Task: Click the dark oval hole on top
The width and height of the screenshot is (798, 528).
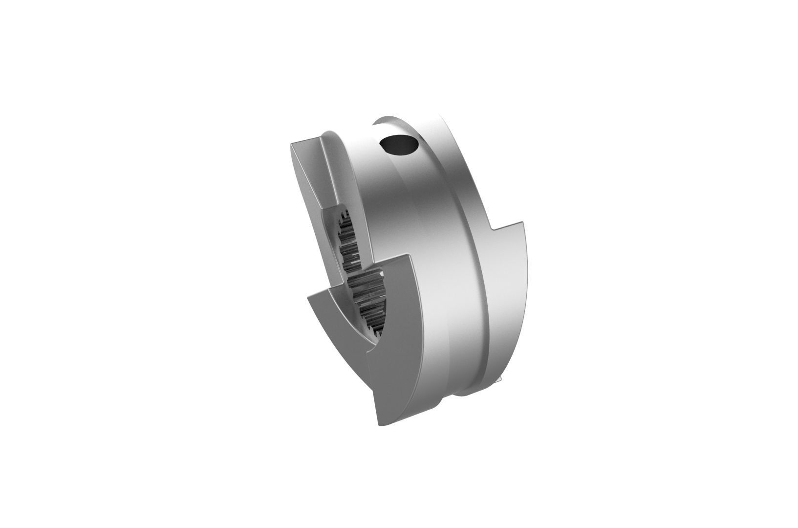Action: (x=399, y=144)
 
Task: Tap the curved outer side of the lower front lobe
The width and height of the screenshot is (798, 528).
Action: (x=396, y=372)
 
